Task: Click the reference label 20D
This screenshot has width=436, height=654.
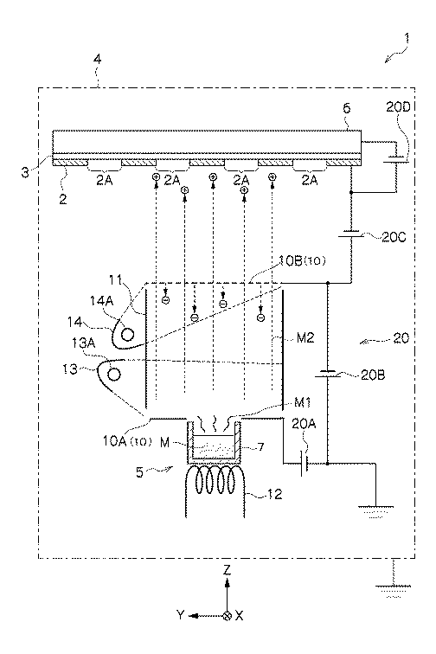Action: tap(398, 106)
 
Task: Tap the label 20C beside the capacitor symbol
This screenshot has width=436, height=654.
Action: tap(394, 237)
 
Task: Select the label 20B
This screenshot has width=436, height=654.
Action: tap(373, 375)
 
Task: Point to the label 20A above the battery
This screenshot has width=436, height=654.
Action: tap(304, 424)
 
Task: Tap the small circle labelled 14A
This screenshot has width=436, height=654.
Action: tap(127, 334)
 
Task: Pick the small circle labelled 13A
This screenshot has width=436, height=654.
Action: tap(113, 374)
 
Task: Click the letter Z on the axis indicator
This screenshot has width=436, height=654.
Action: tap(227, 570)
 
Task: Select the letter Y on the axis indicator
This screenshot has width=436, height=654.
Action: tap(180, 615)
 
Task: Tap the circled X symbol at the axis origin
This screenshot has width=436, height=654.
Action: tap(228, 616)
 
